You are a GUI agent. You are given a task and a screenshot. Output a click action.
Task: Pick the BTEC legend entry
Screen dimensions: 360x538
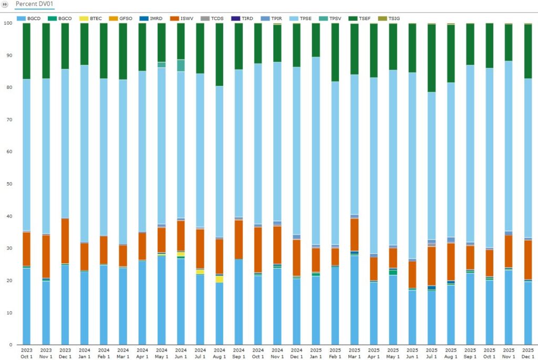(92, 18)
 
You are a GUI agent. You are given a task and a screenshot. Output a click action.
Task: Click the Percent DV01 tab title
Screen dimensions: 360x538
(34, 4)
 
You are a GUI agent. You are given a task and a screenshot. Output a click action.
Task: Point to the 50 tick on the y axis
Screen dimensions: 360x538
(7, 184)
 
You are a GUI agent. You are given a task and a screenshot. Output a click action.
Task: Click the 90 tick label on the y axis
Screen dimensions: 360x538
(7, 55)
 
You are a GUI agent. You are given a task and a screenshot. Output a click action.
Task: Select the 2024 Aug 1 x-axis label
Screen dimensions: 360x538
(220, 353)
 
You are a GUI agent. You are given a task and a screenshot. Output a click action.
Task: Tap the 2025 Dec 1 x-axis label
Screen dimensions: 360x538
(528, 353)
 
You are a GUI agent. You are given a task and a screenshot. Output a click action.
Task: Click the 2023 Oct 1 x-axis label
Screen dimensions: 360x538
(27, 353)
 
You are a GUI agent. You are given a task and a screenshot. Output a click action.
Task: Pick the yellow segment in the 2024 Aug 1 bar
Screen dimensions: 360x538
(220, 279)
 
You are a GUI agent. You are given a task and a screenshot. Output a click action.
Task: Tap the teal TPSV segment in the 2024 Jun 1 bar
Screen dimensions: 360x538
(181, 65)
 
